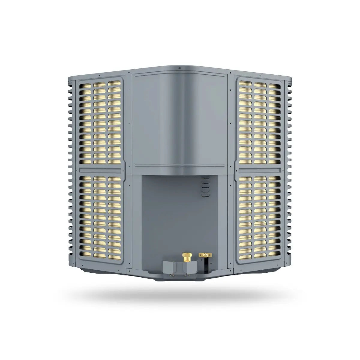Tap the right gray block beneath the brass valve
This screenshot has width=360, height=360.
point(190,267)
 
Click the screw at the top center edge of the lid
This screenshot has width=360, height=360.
point(179,68)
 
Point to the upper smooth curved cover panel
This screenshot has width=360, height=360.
point(179,117)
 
